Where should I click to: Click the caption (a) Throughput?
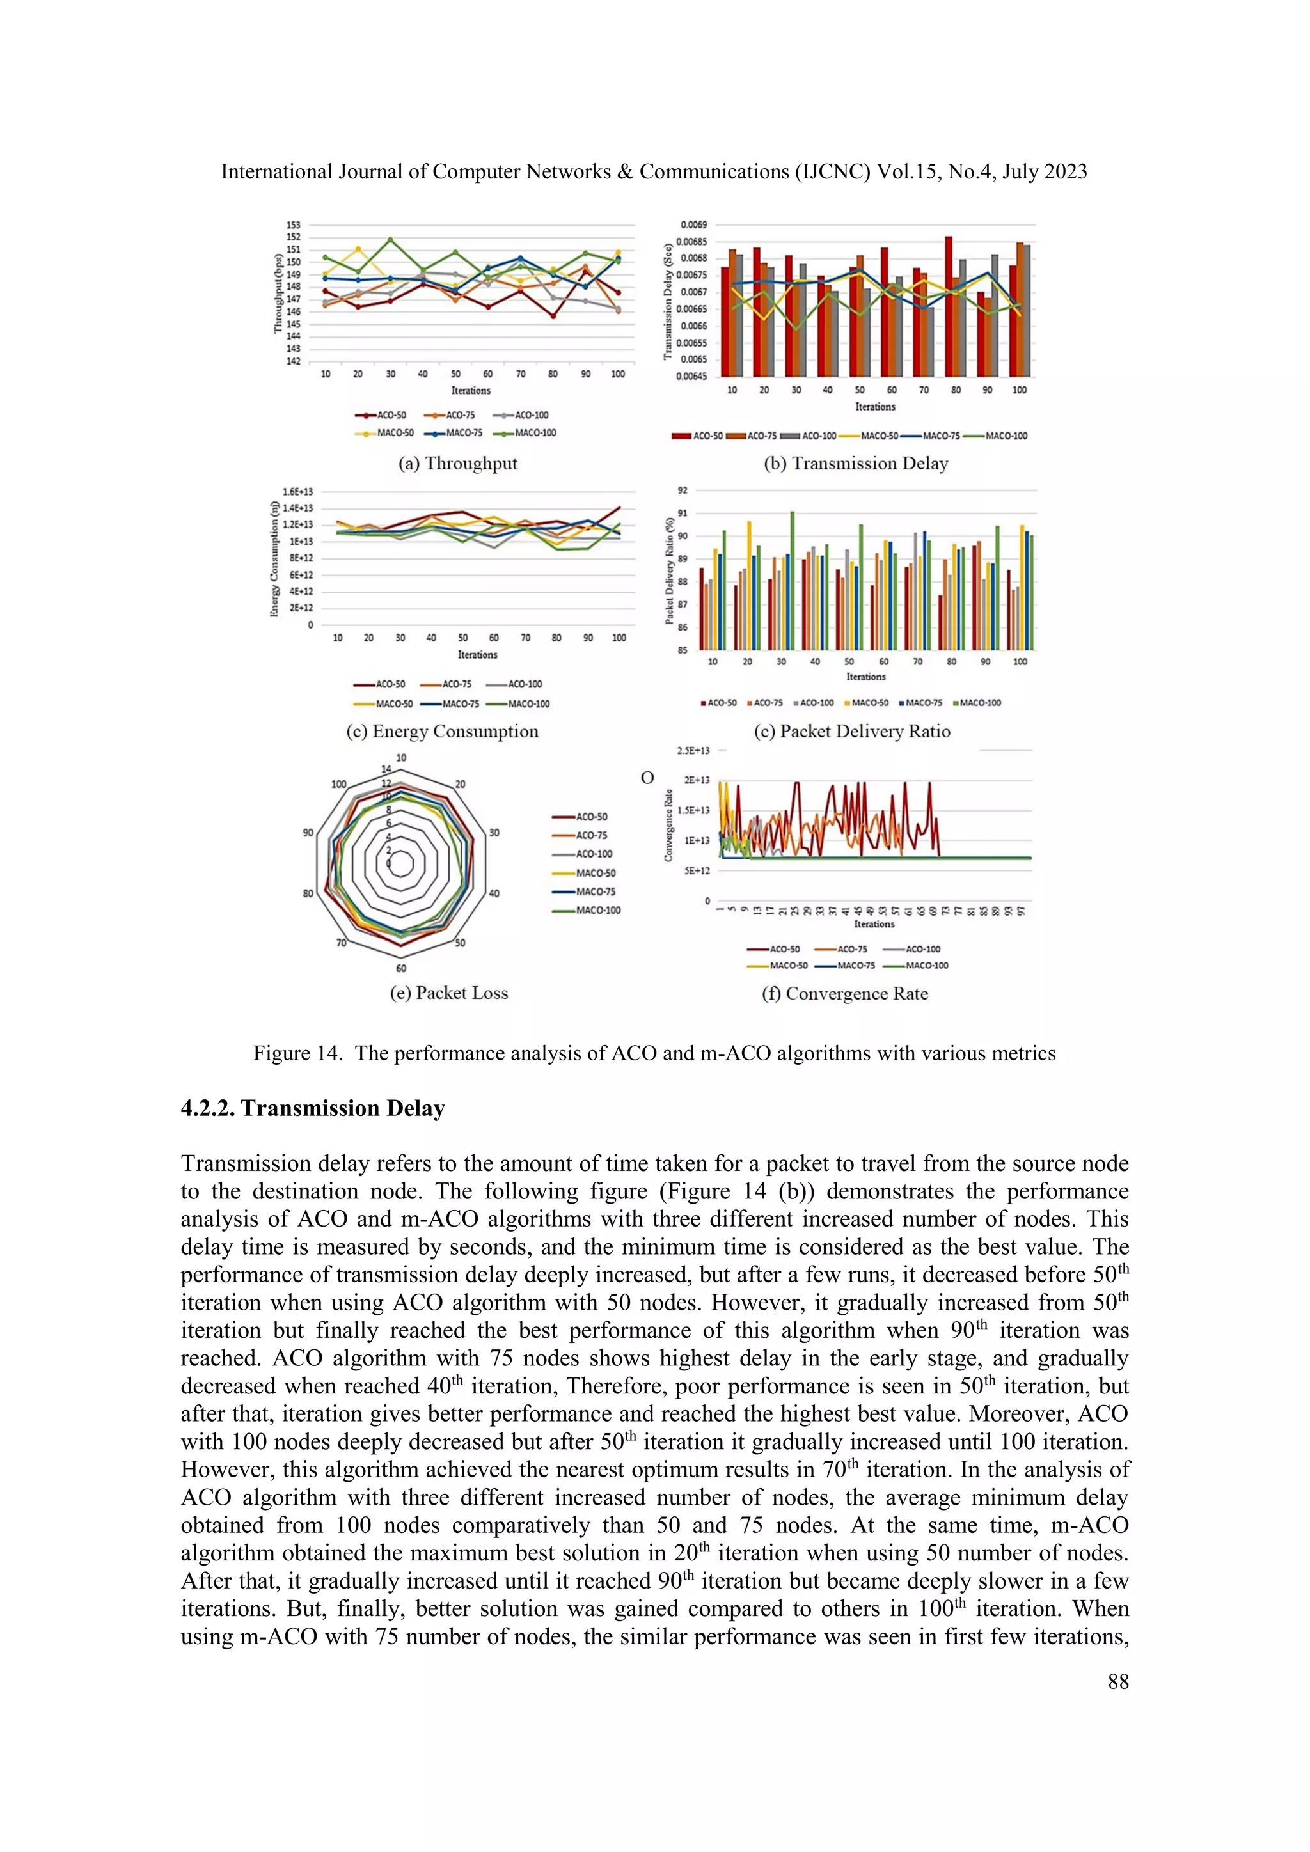pos(457,464)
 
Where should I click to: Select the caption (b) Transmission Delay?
pos(856,464)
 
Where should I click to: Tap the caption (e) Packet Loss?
pos(448,993)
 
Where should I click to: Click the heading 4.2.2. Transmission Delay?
pos(312,1108)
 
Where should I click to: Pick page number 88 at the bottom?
pos(1118,1682)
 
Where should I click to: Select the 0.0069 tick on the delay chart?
pos(693,224)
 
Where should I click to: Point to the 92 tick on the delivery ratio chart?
pos(683,490)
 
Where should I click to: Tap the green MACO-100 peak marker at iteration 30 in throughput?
pos(390,240)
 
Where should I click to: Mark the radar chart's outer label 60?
pos(401,968)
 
